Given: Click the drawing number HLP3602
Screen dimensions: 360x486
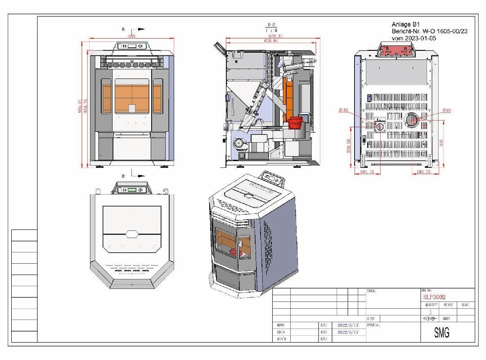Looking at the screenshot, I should (434, 297).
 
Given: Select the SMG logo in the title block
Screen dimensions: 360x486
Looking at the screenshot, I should (441, 333).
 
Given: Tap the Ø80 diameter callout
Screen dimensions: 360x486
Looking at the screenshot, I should (447, 111).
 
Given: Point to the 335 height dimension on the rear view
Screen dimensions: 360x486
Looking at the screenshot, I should (442, 143).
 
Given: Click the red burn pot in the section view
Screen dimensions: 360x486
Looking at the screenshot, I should (296, 122).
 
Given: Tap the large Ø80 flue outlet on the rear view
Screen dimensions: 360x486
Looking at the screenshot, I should (411, 120).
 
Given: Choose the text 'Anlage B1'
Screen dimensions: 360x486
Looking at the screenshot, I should (405, 24).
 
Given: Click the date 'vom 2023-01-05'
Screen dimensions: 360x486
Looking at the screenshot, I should (414, 39).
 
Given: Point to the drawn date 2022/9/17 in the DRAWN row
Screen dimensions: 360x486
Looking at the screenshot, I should (347, 324).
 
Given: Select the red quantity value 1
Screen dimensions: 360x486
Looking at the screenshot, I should (430, 311).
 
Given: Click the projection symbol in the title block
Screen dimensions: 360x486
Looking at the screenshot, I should (430, 319).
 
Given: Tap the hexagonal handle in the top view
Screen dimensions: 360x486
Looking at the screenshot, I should (131, 234).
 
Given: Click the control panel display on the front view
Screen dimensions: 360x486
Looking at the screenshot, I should (131, 46).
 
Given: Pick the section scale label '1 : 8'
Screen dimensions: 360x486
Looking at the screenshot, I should (272, 30).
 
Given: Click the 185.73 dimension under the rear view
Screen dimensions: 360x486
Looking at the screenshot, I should (423, 172).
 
